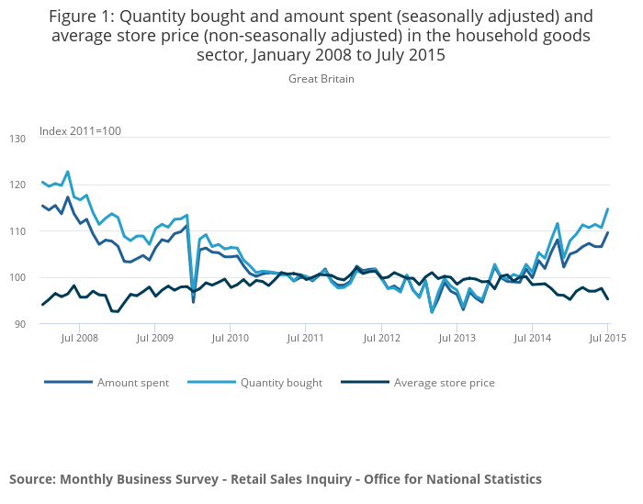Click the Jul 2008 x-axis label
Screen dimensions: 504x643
pyautogui.click(x=79, y=339)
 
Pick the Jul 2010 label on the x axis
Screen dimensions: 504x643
pyautogui.click(x=230, y=339)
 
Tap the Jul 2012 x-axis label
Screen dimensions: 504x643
pyautogui.click(x=381, y=339)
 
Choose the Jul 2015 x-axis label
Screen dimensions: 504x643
pyautogui.click(x=607, y=339)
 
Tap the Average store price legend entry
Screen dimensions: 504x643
pyautogui.click(x=444, y=383)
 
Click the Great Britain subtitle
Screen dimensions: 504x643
pyautogui.click(x=321, y=79)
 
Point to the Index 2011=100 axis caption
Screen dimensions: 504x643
pyautogui.click(x=80, y=131)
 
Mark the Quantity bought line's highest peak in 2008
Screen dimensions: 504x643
pyautogui.click(x=68, y=172)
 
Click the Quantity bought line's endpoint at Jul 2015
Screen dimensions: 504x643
pyautogui.click(x=607, y=209)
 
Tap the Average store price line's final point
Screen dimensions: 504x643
pyautogui.click(x=607, y=298)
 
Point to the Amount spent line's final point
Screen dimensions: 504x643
pyautogui.click(x=607, y=233)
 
